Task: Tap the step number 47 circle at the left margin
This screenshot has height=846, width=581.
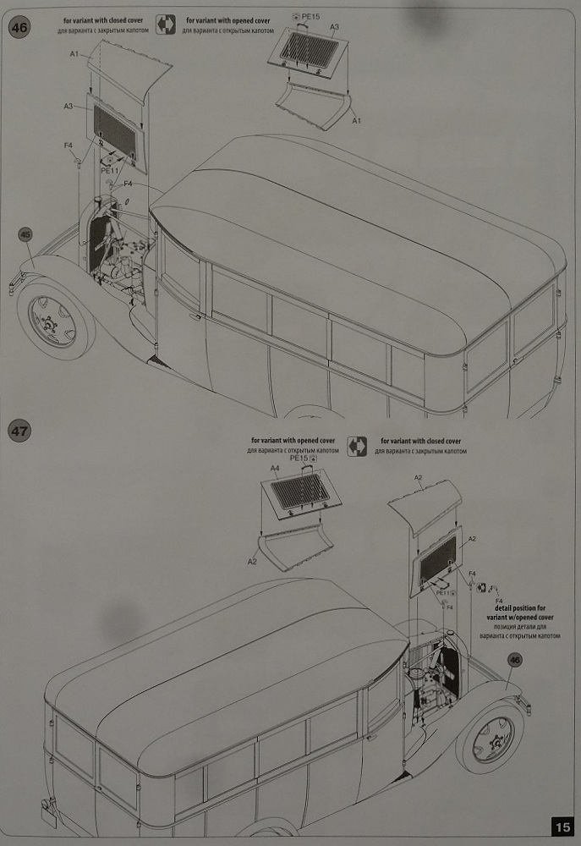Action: [20, 431]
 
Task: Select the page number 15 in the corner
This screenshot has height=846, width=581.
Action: [562, 827]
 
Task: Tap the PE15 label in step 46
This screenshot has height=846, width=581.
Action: [313, 16]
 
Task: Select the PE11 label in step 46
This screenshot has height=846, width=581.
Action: [112, 170]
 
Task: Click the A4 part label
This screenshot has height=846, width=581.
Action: [274, 468]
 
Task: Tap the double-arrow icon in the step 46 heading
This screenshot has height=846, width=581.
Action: [167, 25]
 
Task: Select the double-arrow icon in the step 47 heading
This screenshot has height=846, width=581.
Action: [357, 446]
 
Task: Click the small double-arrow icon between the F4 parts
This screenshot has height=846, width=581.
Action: [481, 587]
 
